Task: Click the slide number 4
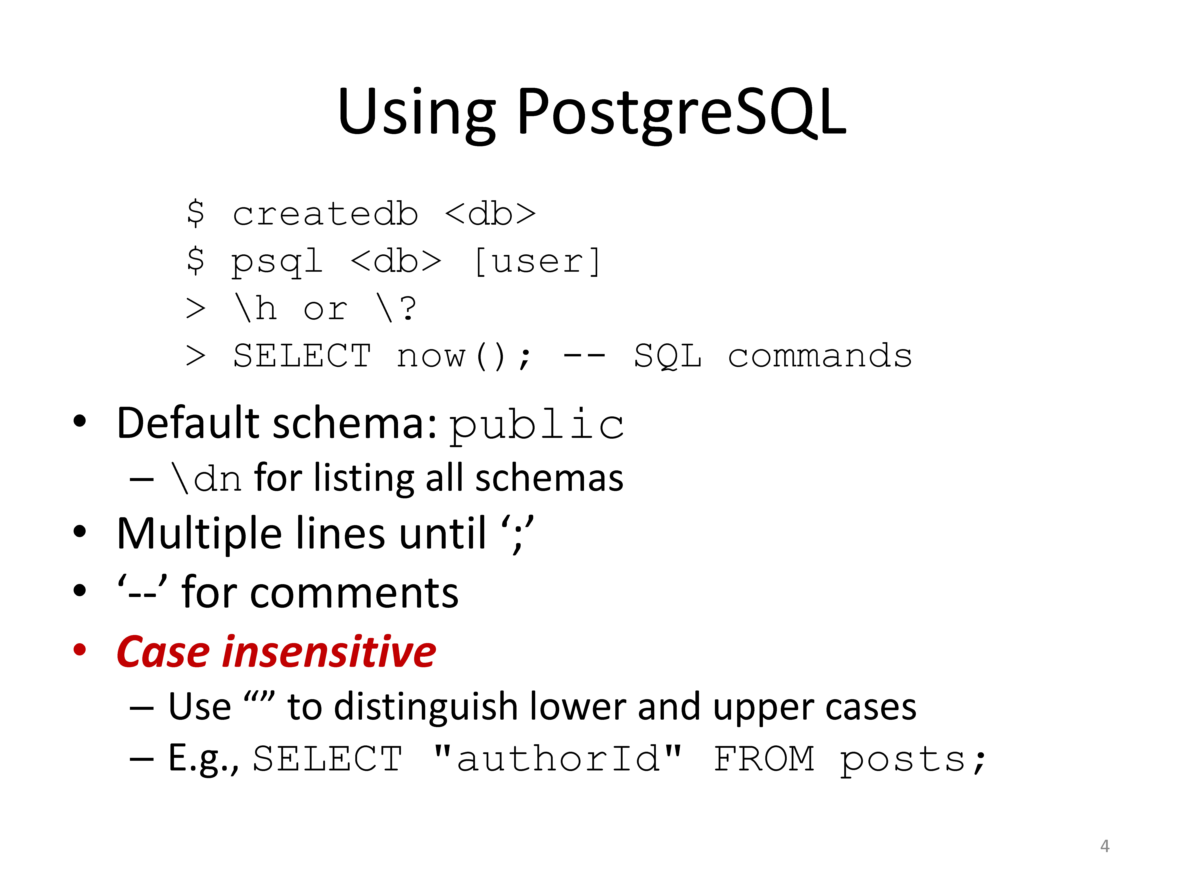point(1105,846)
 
